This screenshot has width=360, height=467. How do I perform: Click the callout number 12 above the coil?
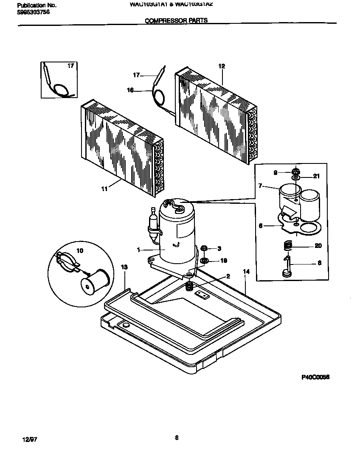point(221,66)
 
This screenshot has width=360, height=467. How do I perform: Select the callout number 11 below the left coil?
point(104,189)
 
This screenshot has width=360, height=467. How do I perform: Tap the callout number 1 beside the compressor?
point(138,250)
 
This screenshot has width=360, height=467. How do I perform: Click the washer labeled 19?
point(204,260)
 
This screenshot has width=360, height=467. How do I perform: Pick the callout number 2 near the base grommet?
point(228,276)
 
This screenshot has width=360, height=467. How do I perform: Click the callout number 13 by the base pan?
point(124,267)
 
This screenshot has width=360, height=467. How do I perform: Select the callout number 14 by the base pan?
point(246,271)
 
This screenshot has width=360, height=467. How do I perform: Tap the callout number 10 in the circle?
point(80,250)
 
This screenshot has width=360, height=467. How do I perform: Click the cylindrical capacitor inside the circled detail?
point(96,282)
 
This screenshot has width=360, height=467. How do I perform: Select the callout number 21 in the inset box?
point(316,176)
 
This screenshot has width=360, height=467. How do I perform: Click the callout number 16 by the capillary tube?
point(130,90)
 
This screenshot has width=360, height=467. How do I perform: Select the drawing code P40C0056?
point(316,377)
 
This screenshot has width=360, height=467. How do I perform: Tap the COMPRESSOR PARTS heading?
point(177,20)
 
